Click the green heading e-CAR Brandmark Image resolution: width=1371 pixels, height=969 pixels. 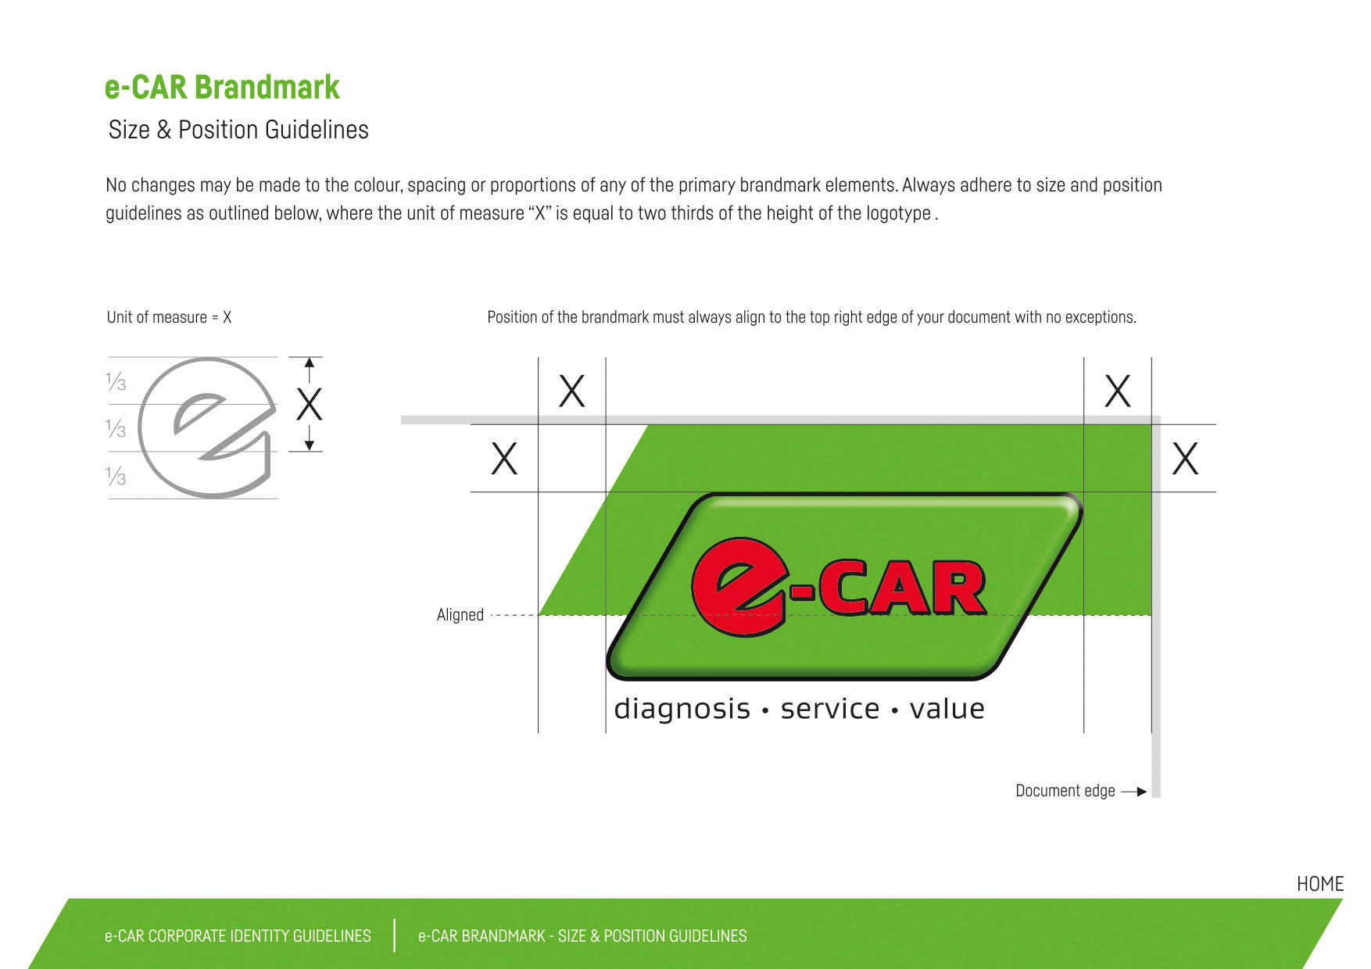(x=222, y=87)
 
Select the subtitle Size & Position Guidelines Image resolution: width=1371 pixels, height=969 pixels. (x=238, y=130)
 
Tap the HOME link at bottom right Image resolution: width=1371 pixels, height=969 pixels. (x=1319, y=884)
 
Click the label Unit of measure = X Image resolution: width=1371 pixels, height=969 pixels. (x=169, y=317)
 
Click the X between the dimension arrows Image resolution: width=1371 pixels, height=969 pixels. (x=310, y=405)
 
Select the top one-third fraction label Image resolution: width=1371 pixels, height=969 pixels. (x=116, y=381)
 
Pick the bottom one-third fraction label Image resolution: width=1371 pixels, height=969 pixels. (x=116, y=475)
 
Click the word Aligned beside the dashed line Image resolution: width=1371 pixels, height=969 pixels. (x=460, y=615)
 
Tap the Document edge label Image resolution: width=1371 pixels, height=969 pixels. (x=1065, y=791)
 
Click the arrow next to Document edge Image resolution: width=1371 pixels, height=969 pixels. (x=1133, y=792)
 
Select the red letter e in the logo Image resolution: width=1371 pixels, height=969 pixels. (x=737, y=586)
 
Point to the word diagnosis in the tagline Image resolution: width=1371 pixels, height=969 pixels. (x=682, y=709)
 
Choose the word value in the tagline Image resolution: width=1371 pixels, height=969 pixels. (x=947, y=709)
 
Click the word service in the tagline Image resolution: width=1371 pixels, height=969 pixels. (x=829, y=709)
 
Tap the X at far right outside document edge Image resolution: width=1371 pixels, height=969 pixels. (x=1185, y=459)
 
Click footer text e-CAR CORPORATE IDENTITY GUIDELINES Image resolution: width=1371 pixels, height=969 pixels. (x=238, y=936)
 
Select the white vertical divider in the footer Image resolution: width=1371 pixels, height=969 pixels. (x=395, y=935)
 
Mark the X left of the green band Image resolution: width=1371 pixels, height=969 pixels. (x=504, y=459)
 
